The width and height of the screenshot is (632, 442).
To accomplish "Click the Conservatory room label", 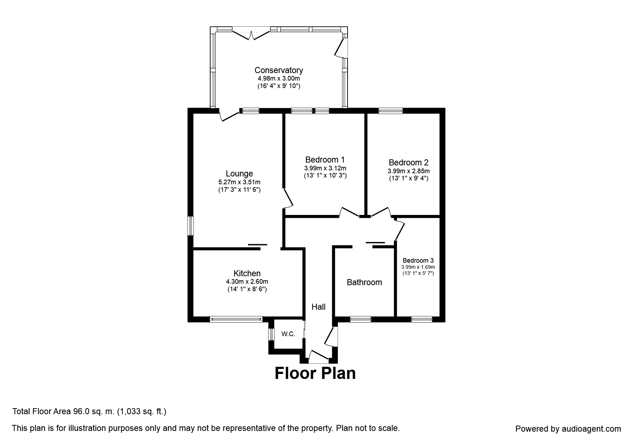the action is pyautogui.click(x=278, y=70).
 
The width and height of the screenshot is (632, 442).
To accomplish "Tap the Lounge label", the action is pyautogui.click(x=239, y=174).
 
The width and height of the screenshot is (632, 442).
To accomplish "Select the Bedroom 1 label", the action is pyautogui.click(x=325, y=160).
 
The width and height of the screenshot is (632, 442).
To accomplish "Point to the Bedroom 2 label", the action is pyautogui.click(x=409, y=163).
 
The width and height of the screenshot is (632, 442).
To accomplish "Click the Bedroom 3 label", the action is pyautogui.click(x=418, y=261).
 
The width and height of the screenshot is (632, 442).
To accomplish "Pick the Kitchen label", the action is pyautogui.click(x=247, y=273).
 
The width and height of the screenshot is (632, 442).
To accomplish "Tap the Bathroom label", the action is pyautogui.click(x=364, y=282).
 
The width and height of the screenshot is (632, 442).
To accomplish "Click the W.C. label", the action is pyautogui.click(x=288, y=334).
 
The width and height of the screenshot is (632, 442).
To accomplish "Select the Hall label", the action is pyautogui.click(x=318, y=307).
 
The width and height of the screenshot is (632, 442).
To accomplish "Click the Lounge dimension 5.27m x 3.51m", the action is pyautogui.click(x=239, y=182).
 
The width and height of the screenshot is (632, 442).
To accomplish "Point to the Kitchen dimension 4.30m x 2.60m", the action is pyautogui.click(x=247, y=282).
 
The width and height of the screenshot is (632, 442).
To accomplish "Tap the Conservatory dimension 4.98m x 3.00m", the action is pyautogui.click(x=279, y=78).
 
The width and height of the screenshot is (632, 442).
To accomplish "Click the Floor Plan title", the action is pyautogui.click(x=315, y=373).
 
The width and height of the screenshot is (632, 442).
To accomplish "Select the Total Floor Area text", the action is pyautogui.click(x=89, y=412).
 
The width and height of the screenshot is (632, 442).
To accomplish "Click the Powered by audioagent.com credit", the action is pyautogui.click(x=568, y=429).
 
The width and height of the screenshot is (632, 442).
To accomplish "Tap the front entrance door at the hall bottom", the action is pyautogui.click(x=319, y=356).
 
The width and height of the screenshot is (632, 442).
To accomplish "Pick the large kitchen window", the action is pyautogui.click(x=236, y=319).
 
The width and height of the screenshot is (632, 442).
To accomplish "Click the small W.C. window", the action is pyautogui.click(x=271, y=334).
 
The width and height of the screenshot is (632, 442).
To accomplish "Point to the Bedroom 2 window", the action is pyautogui.click(x=391, y=110).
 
